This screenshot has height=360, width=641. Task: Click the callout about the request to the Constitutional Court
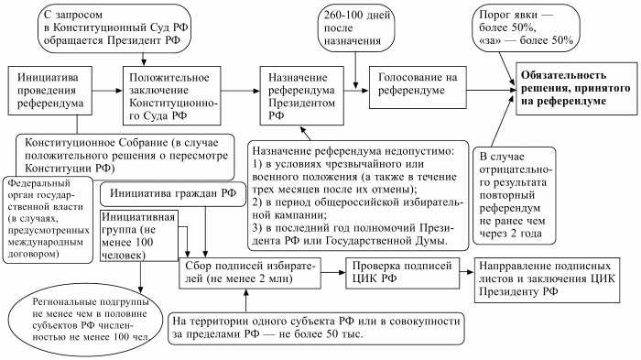click(119, 28)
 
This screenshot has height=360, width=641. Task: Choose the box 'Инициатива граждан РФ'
click(161, 194)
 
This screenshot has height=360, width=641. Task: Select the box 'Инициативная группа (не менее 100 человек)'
click(133, 233)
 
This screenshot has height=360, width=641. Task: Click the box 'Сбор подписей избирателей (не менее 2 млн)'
click(247, 271)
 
